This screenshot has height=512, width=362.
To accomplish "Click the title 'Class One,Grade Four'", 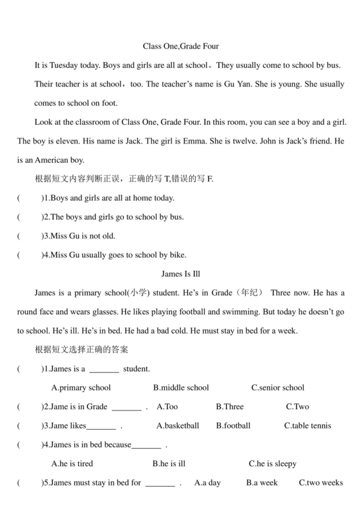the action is [x=180, y=47].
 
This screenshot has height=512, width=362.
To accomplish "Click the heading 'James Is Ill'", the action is [x=180, y=274].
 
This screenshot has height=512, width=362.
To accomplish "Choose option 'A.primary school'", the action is [x=81, y=388].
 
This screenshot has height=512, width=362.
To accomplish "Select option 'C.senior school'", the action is [x=277, y=388].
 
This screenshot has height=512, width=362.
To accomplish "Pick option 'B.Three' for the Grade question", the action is [x=229, y=407].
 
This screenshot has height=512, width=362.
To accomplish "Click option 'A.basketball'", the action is [x=178, y=426].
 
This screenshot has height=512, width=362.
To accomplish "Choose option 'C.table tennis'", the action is [x=308, y=426].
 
